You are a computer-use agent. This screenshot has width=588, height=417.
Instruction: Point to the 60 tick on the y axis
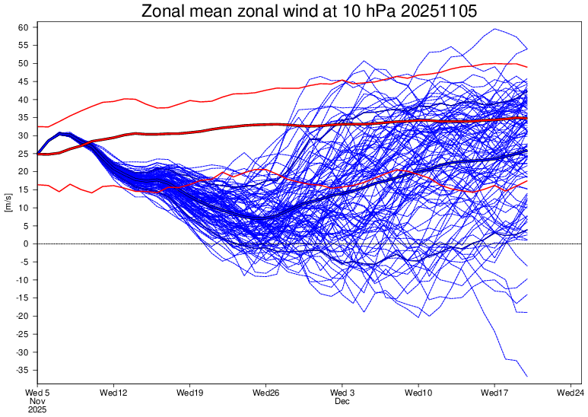click(24, 27)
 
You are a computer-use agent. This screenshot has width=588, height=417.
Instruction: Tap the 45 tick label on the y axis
click(24, 81)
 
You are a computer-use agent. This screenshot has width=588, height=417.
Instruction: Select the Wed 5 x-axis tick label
click(39, 393)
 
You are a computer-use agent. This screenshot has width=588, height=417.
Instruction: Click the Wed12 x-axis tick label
click(113, 393)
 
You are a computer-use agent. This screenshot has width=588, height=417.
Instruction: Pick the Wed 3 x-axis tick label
click(342, 393)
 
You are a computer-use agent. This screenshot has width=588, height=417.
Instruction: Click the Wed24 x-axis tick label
click(571, 393)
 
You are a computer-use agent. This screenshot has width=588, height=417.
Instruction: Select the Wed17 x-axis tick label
click(494, 393)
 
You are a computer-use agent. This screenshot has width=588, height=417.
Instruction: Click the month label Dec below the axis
click(342, 401)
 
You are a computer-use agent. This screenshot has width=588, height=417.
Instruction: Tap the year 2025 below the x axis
click(38, 409)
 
